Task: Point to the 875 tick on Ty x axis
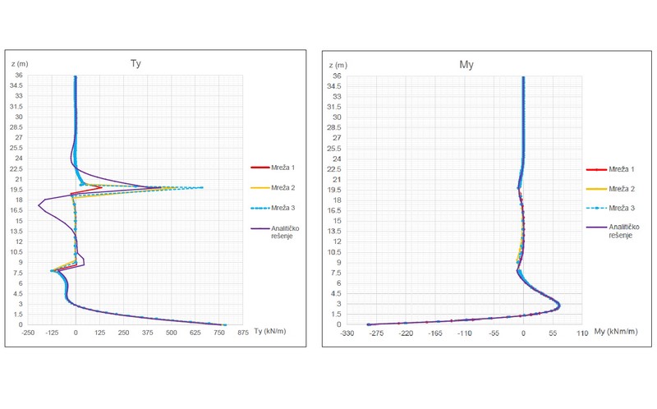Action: [x=243, y=333]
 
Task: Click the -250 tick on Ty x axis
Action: [x=28, y=333]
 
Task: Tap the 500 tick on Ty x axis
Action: [x=172, y=333]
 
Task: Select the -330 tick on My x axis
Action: [x=347, y=333]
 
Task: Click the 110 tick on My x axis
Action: [x=582, y=333]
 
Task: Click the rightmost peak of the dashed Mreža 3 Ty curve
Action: [x=201, y=187]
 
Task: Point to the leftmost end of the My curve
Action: [x=368, y=324]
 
